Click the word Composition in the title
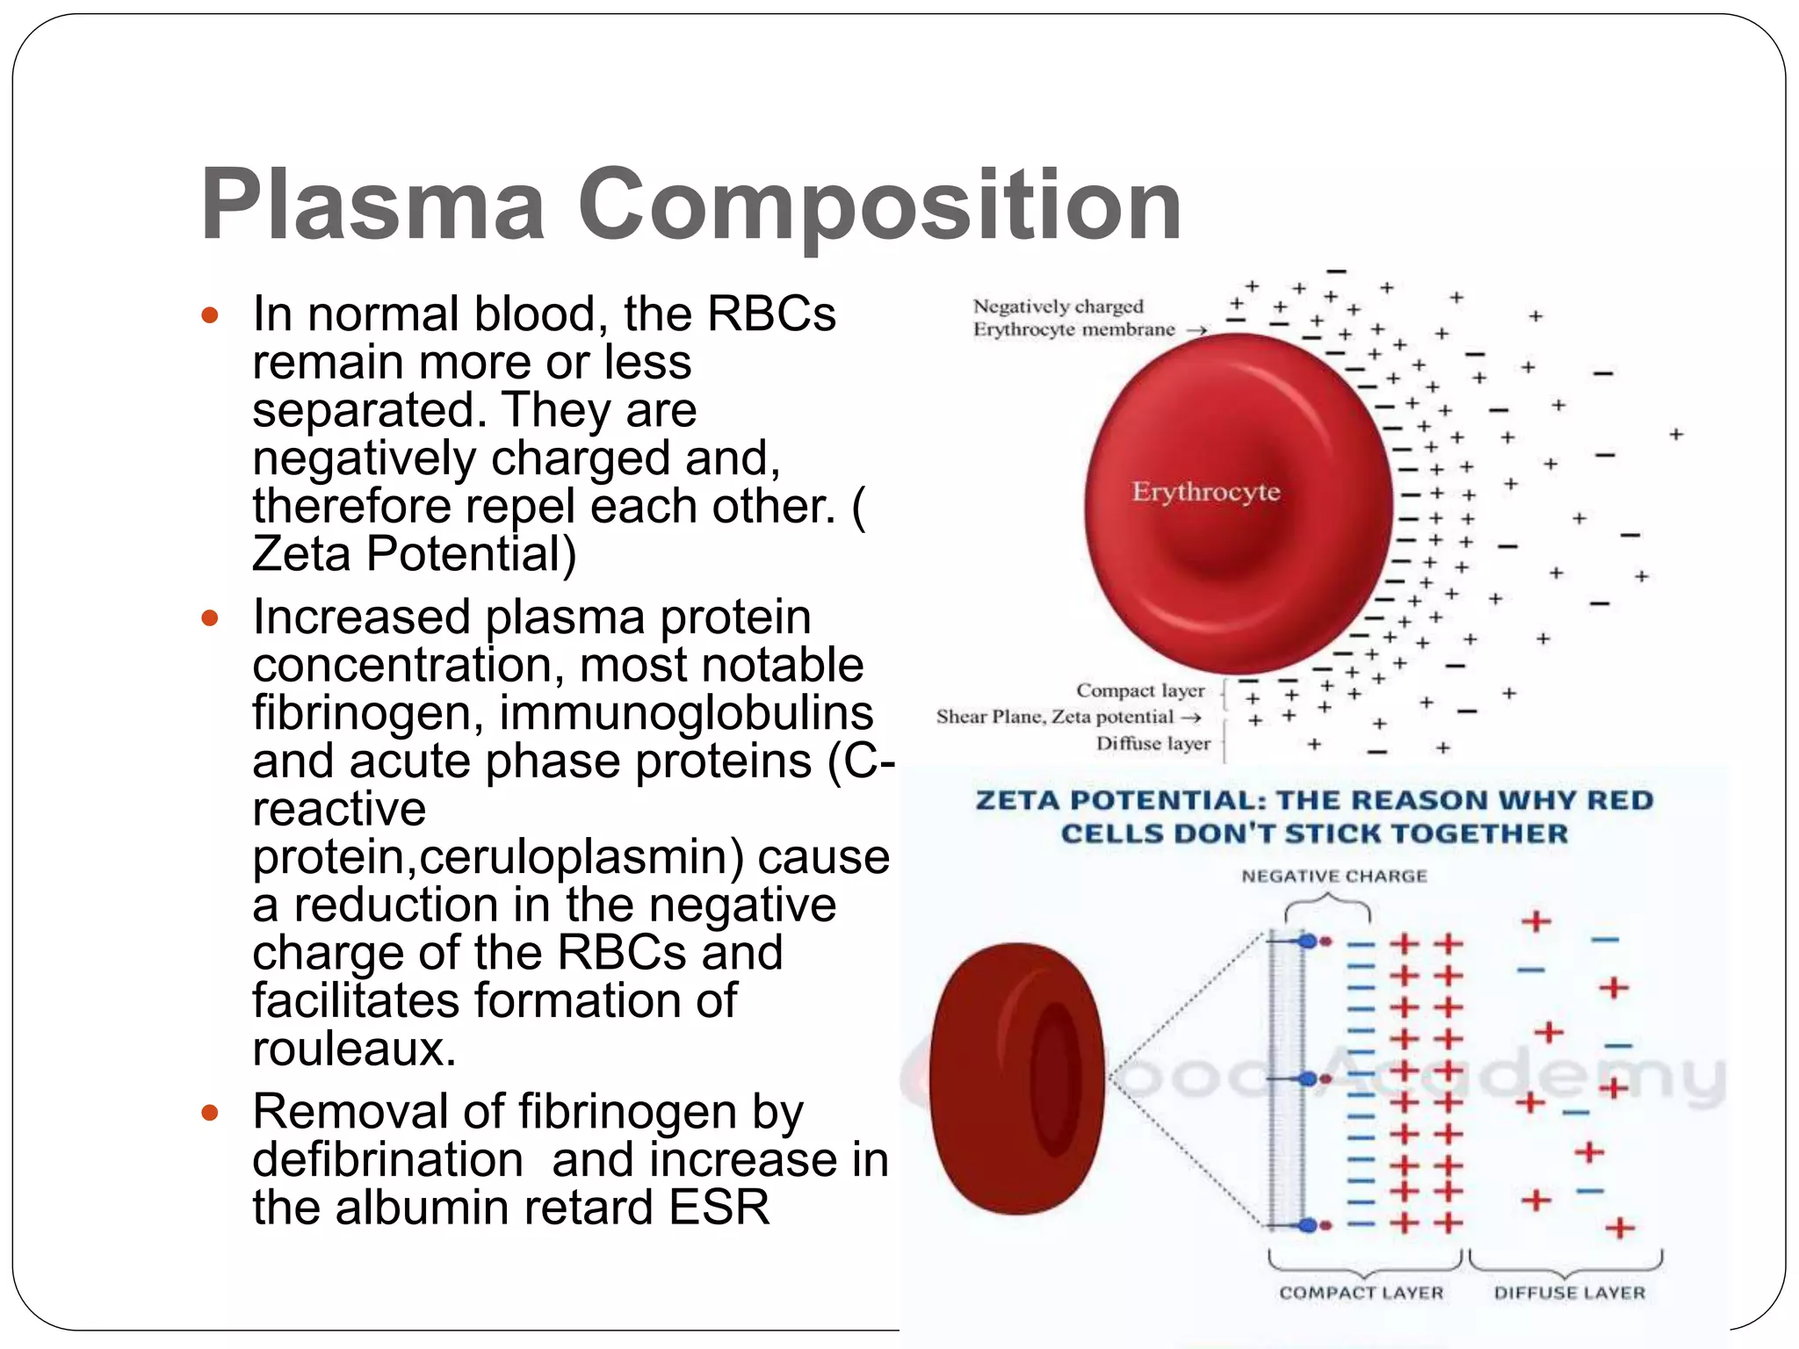(x=879, y=206)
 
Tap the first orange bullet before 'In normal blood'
(x=209, y=314)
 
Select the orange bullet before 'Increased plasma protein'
(x=209, y=617)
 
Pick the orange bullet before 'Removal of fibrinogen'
(x=209, y=1113)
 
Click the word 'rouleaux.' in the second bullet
(x=354, y=1049)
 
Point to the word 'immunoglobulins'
(x=686, y=712)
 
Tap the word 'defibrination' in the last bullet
(x=387, y=1160)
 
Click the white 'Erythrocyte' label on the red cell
(x=1205, y=491)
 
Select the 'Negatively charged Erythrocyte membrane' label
(x=1073, y=318)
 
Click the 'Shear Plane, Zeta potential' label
(x=1055, y=717)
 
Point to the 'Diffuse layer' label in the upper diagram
(x=1152, y=744)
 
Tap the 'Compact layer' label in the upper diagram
(x=1140, y=690)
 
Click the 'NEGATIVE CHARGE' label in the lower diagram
(x=1333, y=876)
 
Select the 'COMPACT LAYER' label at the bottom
(x=1361, y=1293)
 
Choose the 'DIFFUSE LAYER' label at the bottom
(x=1569, y=1293)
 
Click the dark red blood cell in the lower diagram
(x=1016, y=1078)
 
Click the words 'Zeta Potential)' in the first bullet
(x=414, y=554)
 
